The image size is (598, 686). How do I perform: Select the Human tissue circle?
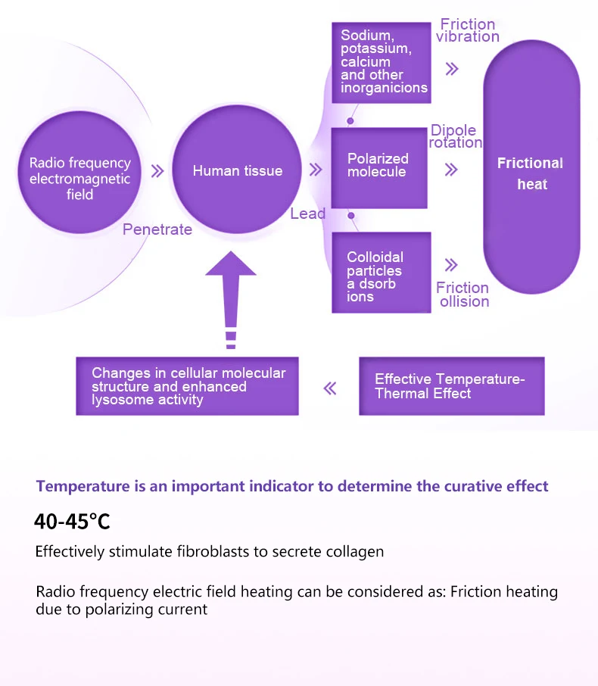[x=237, y=170]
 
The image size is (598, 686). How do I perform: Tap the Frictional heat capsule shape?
[x=531, y=173]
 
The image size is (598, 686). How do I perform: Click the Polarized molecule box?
[x=378, y=167]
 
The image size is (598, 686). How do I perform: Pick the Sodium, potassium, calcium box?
[x=381, y=62]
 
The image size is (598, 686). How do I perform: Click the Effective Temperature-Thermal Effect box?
[x=451, y=386]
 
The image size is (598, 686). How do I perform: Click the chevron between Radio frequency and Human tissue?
[x=157, y=171]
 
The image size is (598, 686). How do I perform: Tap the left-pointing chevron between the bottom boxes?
[x=329, y=388]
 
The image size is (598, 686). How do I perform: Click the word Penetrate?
[x=157, y=229]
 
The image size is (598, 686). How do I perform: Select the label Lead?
[x=307, y=214]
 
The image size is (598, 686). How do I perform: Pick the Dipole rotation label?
[x=455, y=136]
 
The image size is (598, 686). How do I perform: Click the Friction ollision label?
[x=463, y=295]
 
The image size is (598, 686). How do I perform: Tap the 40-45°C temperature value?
[x=72, y=522]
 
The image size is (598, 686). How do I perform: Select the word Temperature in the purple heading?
[x=86, y=486]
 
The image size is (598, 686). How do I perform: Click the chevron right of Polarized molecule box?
[x=451, y=169]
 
